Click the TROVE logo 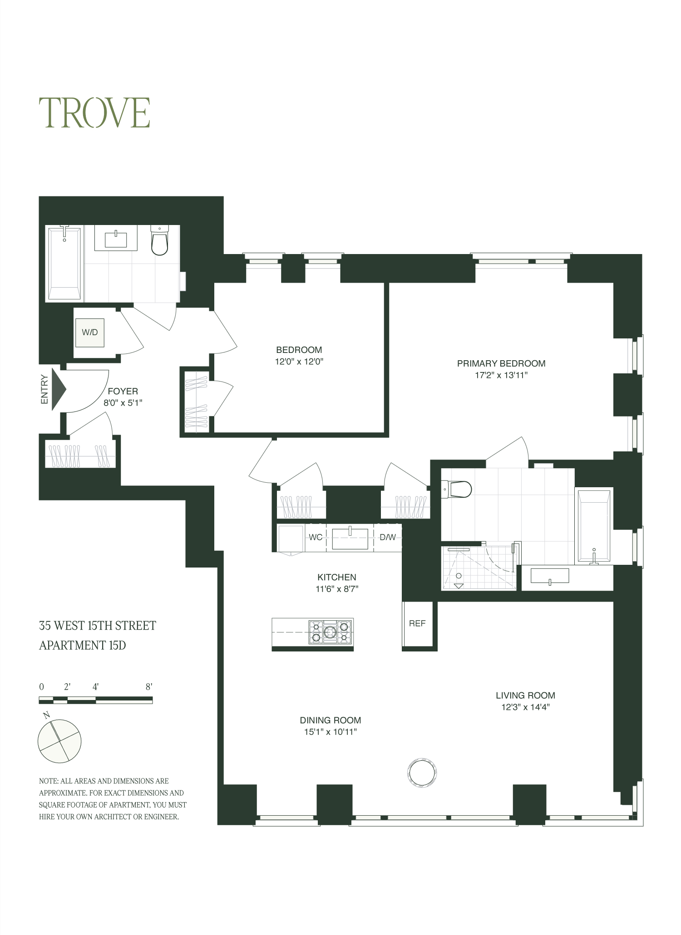click(94, 113)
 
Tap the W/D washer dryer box click(90, 333)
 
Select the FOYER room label click(123, 391)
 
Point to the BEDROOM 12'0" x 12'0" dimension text click(299, 362)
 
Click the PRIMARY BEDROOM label click(501, 363)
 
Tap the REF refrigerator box click(417, 624)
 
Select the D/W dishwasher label click(387, 538)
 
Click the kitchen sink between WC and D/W click(350, 539)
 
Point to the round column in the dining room click(423, 772)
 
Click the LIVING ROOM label click(525, 695)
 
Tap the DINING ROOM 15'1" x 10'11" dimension click(331, 732)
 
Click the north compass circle click(59, 741)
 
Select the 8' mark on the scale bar click(149, 687)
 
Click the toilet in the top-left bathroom click(159, 241)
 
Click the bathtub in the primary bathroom click(592, 526)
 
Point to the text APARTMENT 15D click(82, 645)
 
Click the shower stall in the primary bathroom click(479, 568)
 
